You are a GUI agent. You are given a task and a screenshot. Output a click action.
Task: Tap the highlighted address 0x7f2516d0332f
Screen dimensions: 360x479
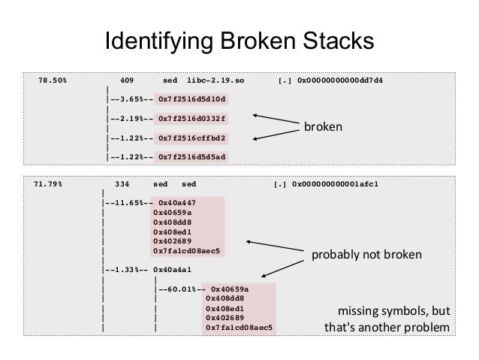coord(192,119)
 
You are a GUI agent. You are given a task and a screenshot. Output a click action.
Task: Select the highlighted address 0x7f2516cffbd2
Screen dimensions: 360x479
coord(192,138)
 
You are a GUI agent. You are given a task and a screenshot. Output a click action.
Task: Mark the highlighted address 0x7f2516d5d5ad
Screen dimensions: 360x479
coord(192,157)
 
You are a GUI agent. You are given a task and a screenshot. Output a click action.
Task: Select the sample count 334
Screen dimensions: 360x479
coord(124,183)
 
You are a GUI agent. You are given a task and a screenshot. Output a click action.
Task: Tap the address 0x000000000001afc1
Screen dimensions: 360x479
coord(336,183)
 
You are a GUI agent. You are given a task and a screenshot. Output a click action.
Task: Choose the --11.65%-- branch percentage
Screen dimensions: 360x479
coord(129,202)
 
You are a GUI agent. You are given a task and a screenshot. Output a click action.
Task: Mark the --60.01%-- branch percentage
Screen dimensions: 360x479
coord(182,289)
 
